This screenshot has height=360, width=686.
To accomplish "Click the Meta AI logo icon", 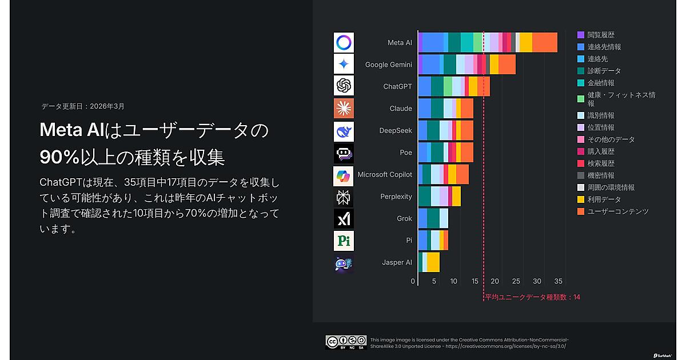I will [x=344, y=43].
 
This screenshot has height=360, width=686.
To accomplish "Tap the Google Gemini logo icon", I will [x=344, y=64].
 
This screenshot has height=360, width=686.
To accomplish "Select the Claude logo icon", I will [x=344, y=108].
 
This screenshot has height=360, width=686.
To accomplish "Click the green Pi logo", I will [x=344, y=241].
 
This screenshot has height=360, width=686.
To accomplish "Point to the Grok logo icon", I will [x=344, y=218].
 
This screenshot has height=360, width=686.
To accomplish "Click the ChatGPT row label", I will [x=397, y=86].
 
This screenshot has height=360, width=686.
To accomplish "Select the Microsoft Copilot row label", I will [x=384, y=174].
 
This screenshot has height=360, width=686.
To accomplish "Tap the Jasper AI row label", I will [x=397, y=262].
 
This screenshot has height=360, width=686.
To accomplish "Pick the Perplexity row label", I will [x=396, y=197].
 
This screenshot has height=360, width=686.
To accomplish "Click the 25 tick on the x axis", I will [x=516, y=281].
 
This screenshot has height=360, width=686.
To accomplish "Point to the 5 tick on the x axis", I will [x=434, y=281].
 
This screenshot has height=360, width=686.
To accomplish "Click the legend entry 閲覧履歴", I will [x=601, y=35].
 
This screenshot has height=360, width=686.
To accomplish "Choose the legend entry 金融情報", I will [x=601, y=83].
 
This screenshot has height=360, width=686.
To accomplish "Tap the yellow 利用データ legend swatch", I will [x=581, y=199].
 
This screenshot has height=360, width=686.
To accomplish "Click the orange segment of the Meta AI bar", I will [x=544, y=43].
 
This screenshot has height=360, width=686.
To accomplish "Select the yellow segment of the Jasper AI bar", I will [x=433, y=262].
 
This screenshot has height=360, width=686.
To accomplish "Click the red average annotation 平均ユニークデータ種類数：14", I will [x=532, y=297].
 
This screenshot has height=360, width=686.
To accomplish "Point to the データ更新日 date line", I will [x=83, y=106].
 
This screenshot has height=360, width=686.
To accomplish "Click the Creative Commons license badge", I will [x=346, y=342].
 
